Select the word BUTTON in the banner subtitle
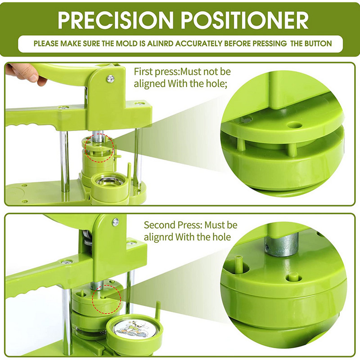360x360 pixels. [318, 44]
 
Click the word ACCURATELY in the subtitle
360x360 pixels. [198, 44]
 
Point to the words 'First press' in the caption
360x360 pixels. [156, 72]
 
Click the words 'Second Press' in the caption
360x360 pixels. [173, 225]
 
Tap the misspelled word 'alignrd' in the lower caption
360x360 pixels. [158, 238]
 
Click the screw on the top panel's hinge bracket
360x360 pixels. [111, 79]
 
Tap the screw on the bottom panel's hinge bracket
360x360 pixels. [116, 222]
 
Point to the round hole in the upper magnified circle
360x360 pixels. [295, 125]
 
